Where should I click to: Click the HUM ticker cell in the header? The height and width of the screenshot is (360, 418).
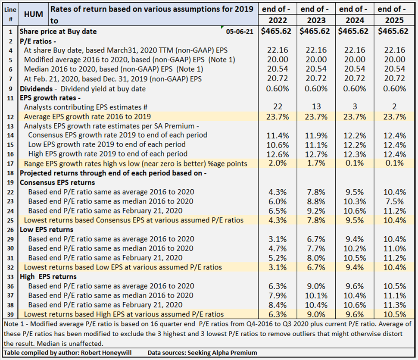(34, 14)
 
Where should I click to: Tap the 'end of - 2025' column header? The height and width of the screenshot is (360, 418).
(392, 14)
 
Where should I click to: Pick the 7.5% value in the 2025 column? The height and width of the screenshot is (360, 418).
(395, 200)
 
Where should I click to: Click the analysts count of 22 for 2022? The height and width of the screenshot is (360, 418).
(278, 107)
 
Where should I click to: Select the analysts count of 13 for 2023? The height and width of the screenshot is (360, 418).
(317, 107)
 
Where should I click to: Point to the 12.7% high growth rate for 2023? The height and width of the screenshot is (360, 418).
(317, 154)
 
